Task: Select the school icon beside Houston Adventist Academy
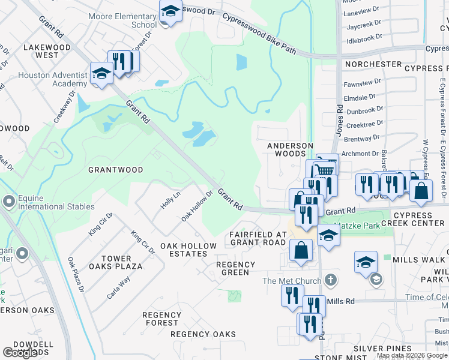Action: coord(101,73)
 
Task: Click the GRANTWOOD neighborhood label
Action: coord(116,170)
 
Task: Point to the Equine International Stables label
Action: coord(56,202)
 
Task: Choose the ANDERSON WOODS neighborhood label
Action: coord(291,149)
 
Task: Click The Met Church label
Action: coord(291,281)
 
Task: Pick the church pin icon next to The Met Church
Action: coord(330,280)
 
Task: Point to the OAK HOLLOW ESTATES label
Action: coord(188,250)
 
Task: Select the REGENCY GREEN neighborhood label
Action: coord(235,268)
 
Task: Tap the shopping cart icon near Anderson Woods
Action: coord(325,170)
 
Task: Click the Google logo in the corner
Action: coord(20,353)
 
